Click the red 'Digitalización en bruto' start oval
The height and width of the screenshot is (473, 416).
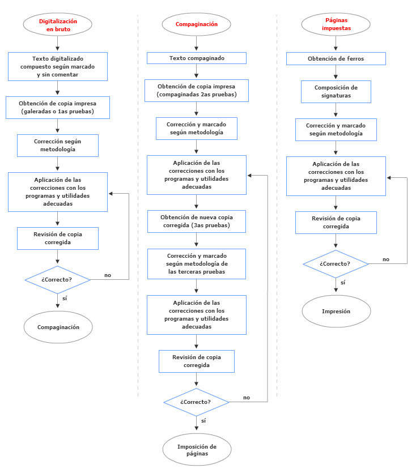58,24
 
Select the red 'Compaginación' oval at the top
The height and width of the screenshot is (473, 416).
196,24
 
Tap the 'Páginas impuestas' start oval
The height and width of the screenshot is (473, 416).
336,24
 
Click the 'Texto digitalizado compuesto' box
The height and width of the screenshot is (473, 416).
58,66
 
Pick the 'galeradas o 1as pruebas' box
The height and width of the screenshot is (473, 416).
58,107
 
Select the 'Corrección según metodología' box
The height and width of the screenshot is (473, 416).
58,145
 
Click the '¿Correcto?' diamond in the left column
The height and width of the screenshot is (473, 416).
58,279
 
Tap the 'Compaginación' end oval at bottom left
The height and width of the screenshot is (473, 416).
58,327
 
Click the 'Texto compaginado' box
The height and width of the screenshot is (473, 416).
196,58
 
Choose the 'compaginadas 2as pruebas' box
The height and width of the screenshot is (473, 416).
196,90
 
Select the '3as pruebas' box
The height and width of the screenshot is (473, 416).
196,221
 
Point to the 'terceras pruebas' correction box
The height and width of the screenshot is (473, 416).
196,264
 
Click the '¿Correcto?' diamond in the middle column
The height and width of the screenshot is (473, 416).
196,402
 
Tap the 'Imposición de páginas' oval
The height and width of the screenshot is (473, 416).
196,450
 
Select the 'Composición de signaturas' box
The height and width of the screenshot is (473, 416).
336,91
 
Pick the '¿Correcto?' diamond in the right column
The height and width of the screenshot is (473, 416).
336,264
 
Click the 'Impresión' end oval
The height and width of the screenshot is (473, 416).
336,311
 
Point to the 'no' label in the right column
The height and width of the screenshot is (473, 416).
386,259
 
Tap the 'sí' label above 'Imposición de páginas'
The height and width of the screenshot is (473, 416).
203,421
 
